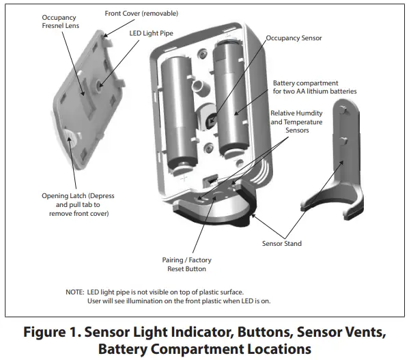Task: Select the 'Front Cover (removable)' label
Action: tap(143, 13)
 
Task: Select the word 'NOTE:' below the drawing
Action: tap(75, 292)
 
